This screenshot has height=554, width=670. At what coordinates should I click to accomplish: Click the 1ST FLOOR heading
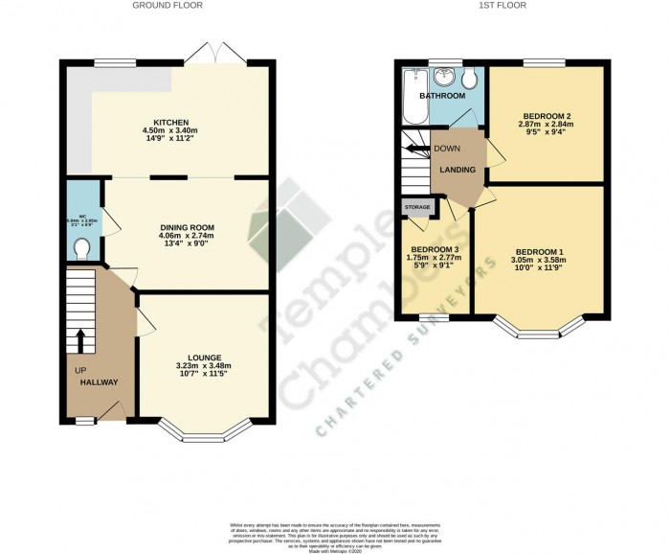[501, 6]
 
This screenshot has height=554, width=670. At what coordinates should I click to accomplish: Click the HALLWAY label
[99, 381]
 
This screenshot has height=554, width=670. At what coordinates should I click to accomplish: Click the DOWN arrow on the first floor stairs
[414, 149]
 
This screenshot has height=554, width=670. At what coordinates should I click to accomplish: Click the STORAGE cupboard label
[417, 206]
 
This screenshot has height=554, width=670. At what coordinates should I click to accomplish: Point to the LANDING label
[458, 170]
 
